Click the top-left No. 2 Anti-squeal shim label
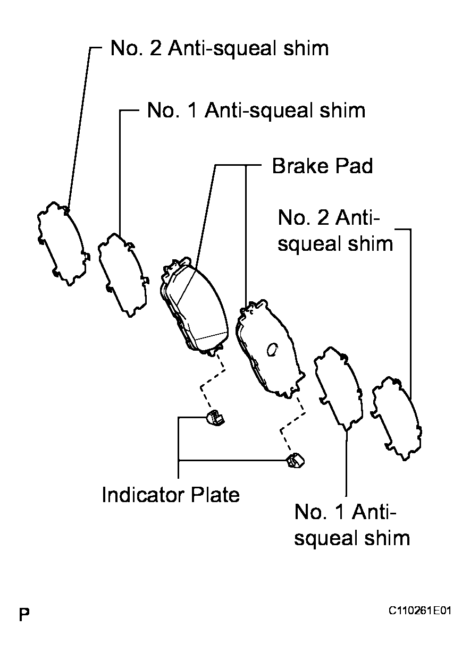point(220,48)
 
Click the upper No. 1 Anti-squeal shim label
point(256,111)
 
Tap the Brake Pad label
point(322,166)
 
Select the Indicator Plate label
point(171,495)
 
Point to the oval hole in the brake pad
point(272,350)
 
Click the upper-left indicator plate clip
point(215,417)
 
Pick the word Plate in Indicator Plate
point(215,495)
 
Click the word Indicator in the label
point(144,495)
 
